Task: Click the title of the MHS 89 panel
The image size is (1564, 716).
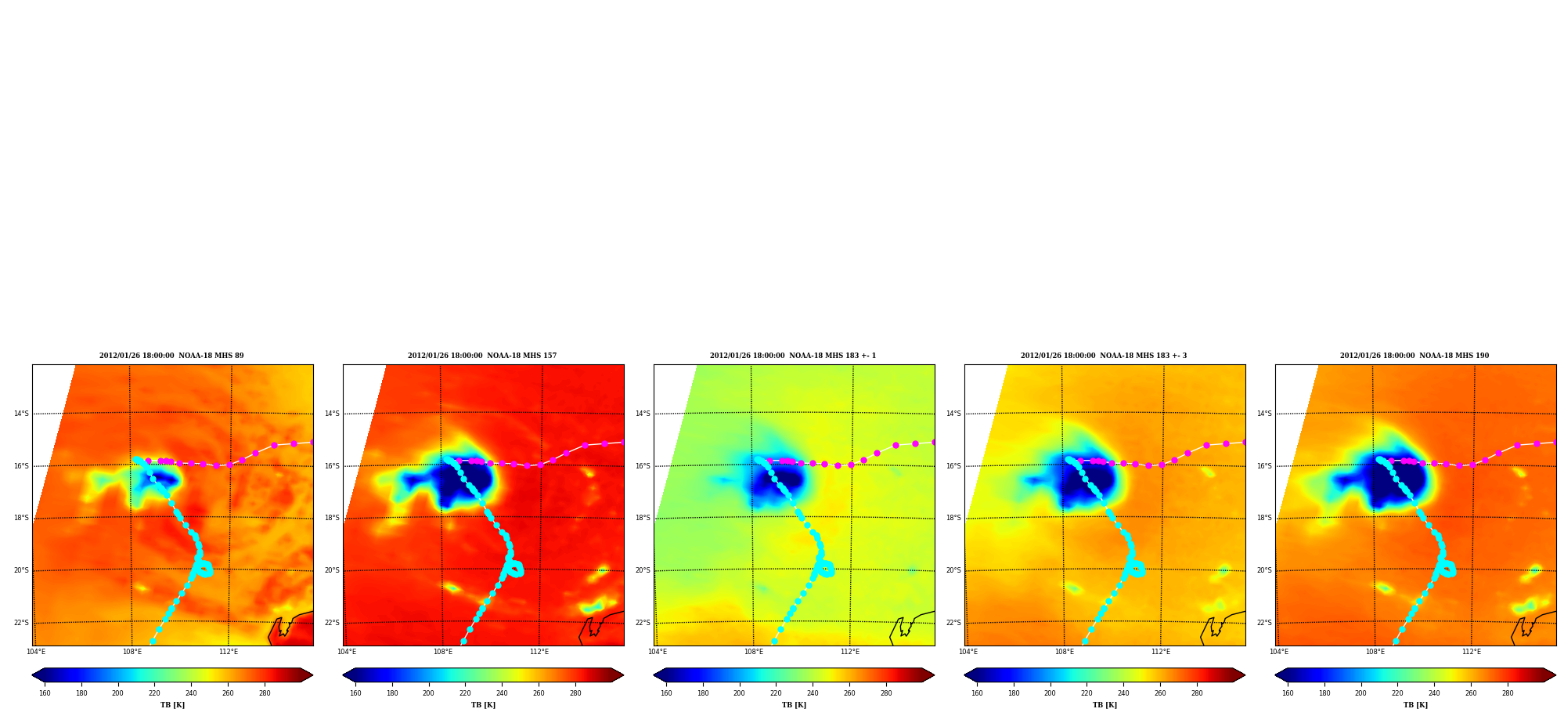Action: click(x=171, y=356)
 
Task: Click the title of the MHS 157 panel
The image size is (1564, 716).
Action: click(x=482, y=356)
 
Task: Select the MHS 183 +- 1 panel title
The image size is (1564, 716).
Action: click(x=793, y=356)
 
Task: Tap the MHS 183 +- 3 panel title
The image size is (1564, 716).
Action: click(x=1104, y=356)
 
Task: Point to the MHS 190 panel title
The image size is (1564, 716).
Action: click(x=1414, y=356)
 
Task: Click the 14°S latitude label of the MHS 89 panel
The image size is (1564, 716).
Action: click(x=21, y=414)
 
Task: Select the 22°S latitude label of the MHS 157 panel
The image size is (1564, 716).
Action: click(x=332, y=623)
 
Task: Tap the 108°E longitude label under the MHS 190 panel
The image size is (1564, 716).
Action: click(x=1375, y=652)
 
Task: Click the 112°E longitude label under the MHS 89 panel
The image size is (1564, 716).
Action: click(x=229, y=652)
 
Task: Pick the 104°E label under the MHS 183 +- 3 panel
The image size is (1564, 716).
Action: click(x=968, y=652)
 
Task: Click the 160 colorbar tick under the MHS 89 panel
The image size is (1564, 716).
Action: click(x=45, y=692)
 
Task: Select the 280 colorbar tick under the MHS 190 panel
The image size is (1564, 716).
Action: click(x=1508, y=692)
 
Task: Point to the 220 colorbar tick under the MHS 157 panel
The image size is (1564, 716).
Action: click(x=465, y=692)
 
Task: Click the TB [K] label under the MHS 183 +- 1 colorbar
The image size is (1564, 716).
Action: click(x=794, y=705)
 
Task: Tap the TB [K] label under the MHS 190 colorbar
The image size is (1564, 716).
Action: click(x=1415, y=705)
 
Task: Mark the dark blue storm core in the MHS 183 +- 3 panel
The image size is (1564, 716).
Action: click(x=1088, y=483)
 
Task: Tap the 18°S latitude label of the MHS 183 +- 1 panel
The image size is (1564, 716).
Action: click(x=643, y=518)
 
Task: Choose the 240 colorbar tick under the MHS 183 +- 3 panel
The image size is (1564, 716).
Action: click(x=1123, y=692)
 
